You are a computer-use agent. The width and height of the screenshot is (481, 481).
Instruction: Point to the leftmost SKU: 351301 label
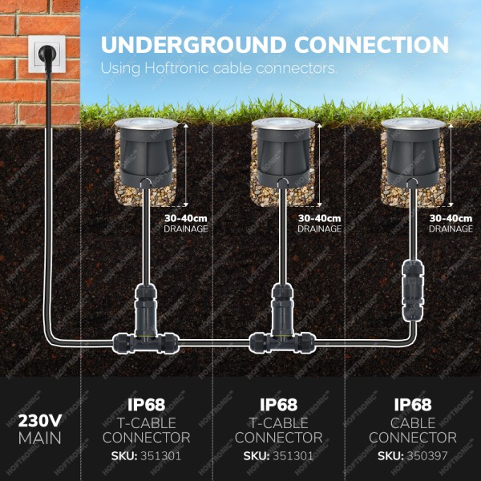[145, 456]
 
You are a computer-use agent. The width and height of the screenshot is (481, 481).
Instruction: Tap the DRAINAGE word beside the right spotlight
[451, 228]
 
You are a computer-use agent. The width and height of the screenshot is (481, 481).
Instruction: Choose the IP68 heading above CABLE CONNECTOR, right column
[412, 405]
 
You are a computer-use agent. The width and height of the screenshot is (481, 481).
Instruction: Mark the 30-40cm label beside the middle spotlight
[319, 218]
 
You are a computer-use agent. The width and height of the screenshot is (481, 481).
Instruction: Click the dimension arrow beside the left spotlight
[186, 164]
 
